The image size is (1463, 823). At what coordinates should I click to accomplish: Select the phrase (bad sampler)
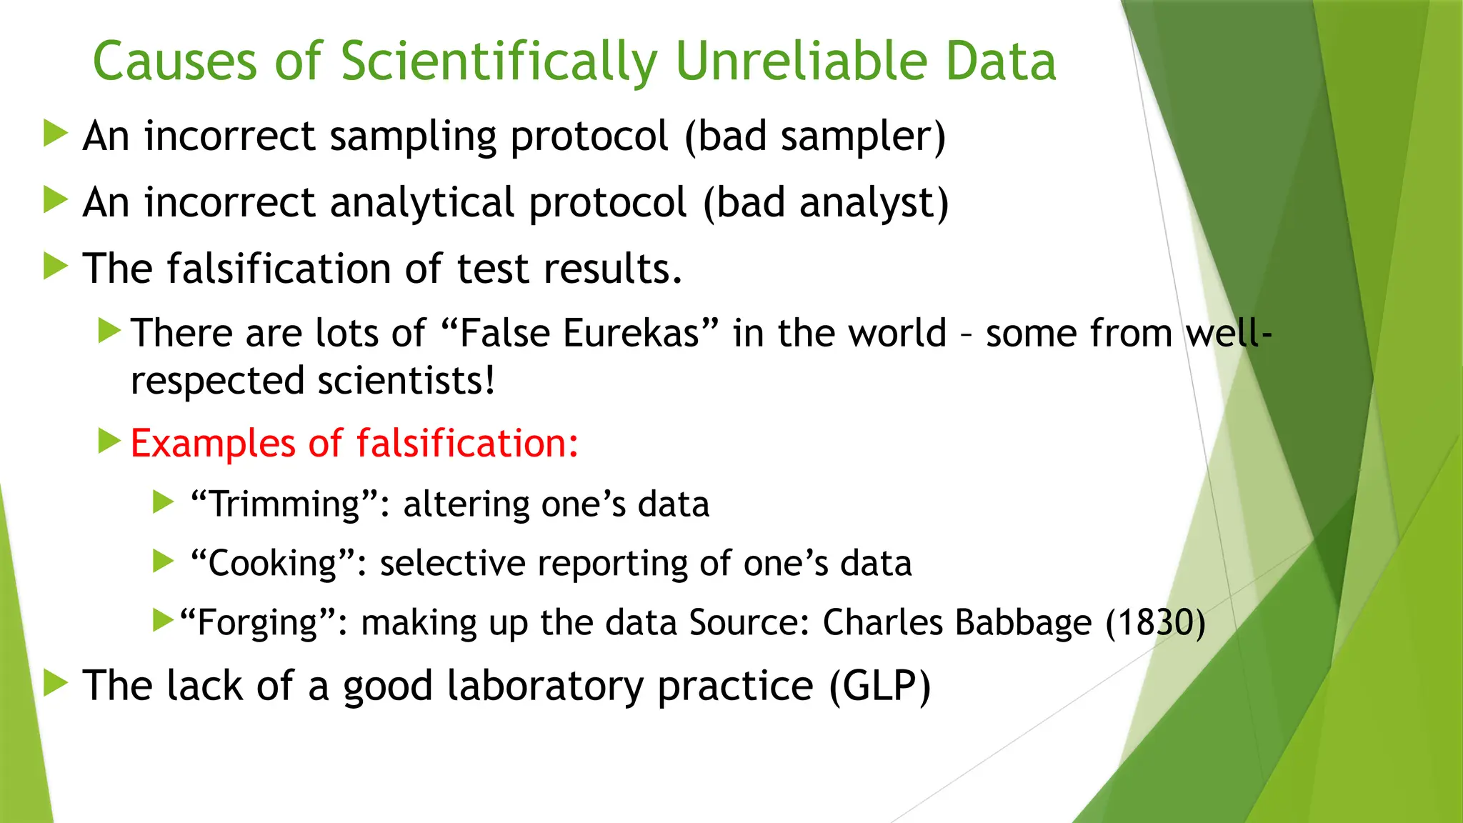click(814, 136)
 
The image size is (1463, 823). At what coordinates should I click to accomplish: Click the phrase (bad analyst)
click(826, 203)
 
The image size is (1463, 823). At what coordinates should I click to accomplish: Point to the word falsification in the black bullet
click(279, 269)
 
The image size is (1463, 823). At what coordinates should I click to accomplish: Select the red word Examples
click(212, 444)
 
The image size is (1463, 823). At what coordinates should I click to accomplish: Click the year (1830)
click(1155, 622)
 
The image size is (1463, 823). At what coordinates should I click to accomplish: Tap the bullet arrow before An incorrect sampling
click(55, 134)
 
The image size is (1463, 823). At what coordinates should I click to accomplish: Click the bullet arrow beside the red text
click(109, 441)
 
